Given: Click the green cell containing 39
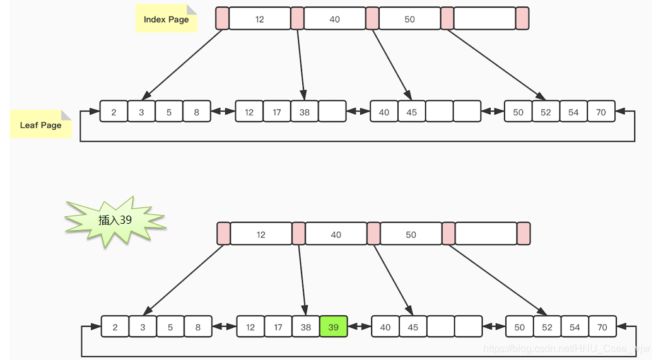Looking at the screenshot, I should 334,327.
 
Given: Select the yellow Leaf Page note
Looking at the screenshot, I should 40,124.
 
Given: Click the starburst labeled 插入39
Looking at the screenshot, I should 115,220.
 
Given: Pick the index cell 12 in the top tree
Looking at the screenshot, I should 259,19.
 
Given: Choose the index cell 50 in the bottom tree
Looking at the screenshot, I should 411,235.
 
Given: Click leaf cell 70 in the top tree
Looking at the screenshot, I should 601,112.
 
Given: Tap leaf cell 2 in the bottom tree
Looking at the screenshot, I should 115,327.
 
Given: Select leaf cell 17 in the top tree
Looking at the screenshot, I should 277,112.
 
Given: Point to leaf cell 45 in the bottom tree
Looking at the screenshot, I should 413,327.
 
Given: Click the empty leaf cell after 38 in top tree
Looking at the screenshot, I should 332,112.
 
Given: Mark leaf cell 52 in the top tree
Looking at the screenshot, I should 546,112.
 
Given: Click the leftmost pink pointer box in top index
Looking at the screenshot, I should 222,19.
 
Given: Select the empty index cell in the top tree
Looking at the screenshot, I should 484,19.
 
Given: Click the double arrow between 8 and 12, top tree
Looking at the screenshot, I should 223,112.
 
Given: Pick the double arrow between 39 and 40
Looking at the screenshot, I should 360,327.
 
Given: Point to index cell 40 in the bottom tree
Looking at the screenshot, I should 336,235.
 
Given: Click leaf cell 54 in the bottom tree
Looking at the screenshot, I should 575,327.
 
